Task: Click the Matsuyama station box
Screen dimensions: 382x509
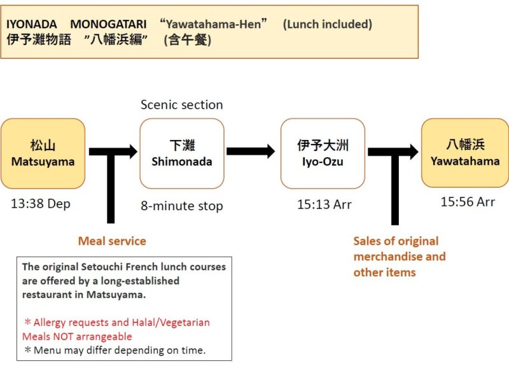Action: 43,153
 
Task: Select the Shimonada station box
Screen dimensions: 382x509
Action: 182,153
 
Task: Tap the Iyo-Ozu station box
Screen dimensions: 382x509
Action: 323,153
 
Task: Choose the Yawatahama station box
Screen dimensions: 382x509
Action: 464,153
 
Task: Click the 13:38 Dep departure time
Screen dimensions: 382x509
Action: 41,204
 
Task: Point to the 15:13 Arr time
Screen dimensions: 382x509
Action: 324,204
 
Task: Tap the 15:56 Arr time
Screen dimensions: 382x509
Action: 467,202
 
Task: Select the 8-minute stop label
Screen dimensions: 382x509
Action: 182,206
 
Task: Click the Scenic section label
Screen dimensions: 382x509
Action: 182,104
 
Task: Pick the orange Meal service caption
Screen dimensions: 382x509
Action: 112,241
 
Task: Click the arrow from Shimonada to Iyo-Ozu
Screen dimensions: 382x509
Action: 250,152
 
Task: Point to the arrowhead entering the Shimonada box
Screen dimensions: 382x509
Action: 132,152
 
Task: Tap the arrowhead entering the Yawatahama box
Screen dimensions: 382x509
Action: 414,152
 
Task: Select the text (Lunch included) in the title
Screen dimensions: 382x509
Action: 328,24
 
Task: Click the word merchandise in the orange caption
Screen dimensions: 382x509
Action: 386,257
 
